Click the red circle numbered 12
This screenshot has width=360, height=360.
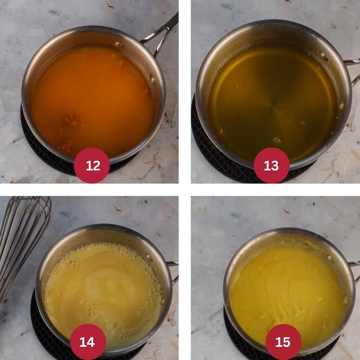pos(93,165)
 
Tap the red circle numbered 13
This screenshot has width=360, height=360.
pos(271,165)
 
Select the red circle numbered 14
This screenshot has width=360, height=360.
pos(88,342)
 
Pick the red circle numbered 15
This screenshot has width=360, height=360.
pos(283,342)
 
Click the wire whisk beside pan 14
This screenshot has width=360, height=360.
pos(21,237)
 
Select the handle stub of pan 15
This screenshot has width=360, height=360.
pos(354,264)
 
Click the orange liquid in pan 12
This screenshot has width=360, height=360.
pos(90,96)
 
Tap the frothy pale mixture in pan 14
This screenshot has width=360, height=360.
pos(102,288)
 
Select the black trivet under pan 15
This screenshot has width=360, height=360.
pos(231,330)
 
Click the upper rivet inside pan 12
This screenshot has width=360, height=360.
pos(119,45)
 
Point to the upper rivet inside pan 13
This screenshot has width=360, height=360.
pos(324,55)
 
